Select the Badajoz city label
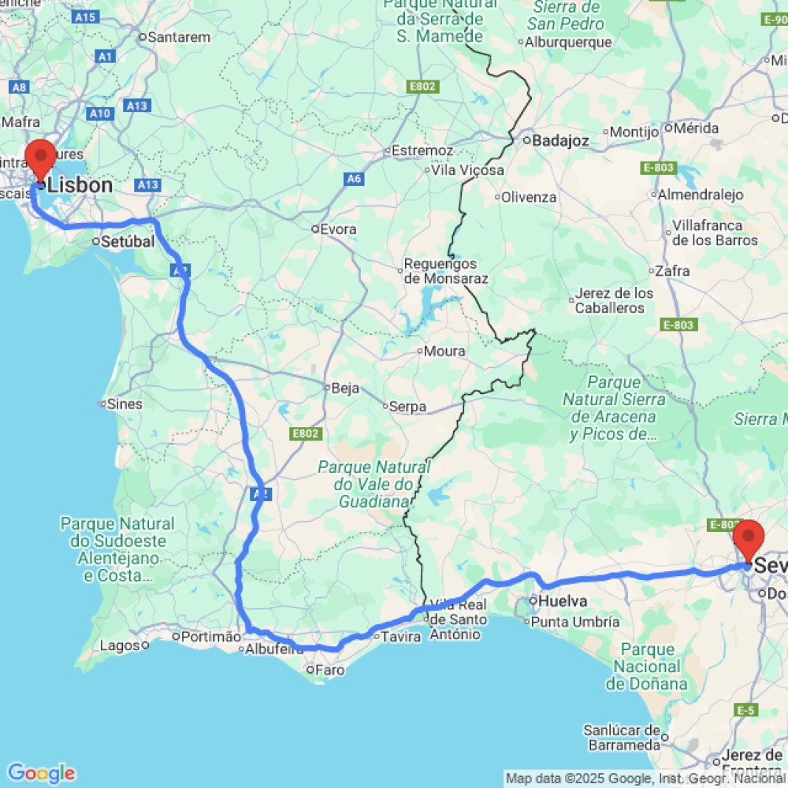560,141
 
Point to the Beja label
345,388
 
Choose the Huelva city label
563,601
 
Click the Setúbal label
128,242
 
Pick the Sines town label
125,404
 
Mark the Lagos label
119,645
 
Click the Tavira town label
401,637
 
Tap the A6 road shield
355,179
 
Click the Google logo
41,773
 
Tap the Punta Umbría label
575,622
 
